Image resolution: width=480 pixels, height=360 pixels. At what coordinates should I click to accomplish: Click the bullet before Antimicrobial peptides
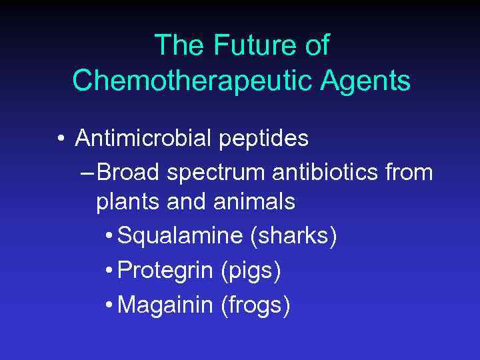tap(61, 139)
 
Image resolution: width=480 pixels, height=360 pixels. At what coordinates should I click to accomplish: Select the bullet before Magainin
tap(109, 306)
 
